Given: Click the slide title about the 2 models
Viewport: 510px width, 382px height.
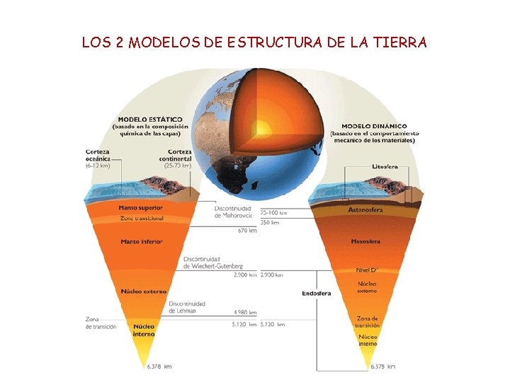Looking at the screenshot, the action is pyautogui.click(x=254, y=42).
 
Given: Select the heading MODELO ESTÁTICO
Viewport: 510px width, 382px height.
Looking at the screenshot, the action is pyautogui.click(x=149, y=119).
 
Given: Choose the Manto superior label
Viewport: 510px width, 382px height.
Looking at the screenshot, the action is pyautogui.click(x=141, y=208).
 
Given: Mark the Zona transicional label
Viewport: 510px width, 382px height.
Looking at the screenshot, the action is pyautogui.click(x=141, y=218).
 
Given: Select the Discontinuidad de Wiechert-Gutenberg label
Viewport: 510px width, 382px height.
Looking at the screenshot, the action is pyautogui.click(x=213, y=262).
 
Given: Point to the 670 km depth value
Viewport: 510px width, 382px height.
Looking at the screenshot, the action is pyautogui.click(x=247, y=230).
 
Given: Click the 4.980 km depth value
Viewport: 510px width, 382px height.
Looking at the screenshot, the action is pyautogui.click(x=245, y=312).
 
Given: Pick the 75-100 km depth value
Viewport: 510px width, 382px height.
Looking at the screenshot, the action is pyautogui.click(x=273, y=212).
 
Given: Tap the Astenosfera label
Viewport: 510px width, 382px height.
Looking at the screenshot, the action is pyautogui.click(x=365, y=210).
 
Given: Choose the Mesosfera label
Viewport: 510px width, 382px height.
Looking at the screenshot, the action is pyautogui.click(x=365, y=242).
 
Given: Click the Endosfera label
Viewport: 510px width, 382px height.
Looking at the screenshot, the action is pyautogui.click(x=315, y=293).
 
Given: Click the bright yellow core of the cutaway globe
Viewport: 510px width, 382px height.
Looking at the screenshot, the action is pyautogui.click(x=262, y=127).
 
